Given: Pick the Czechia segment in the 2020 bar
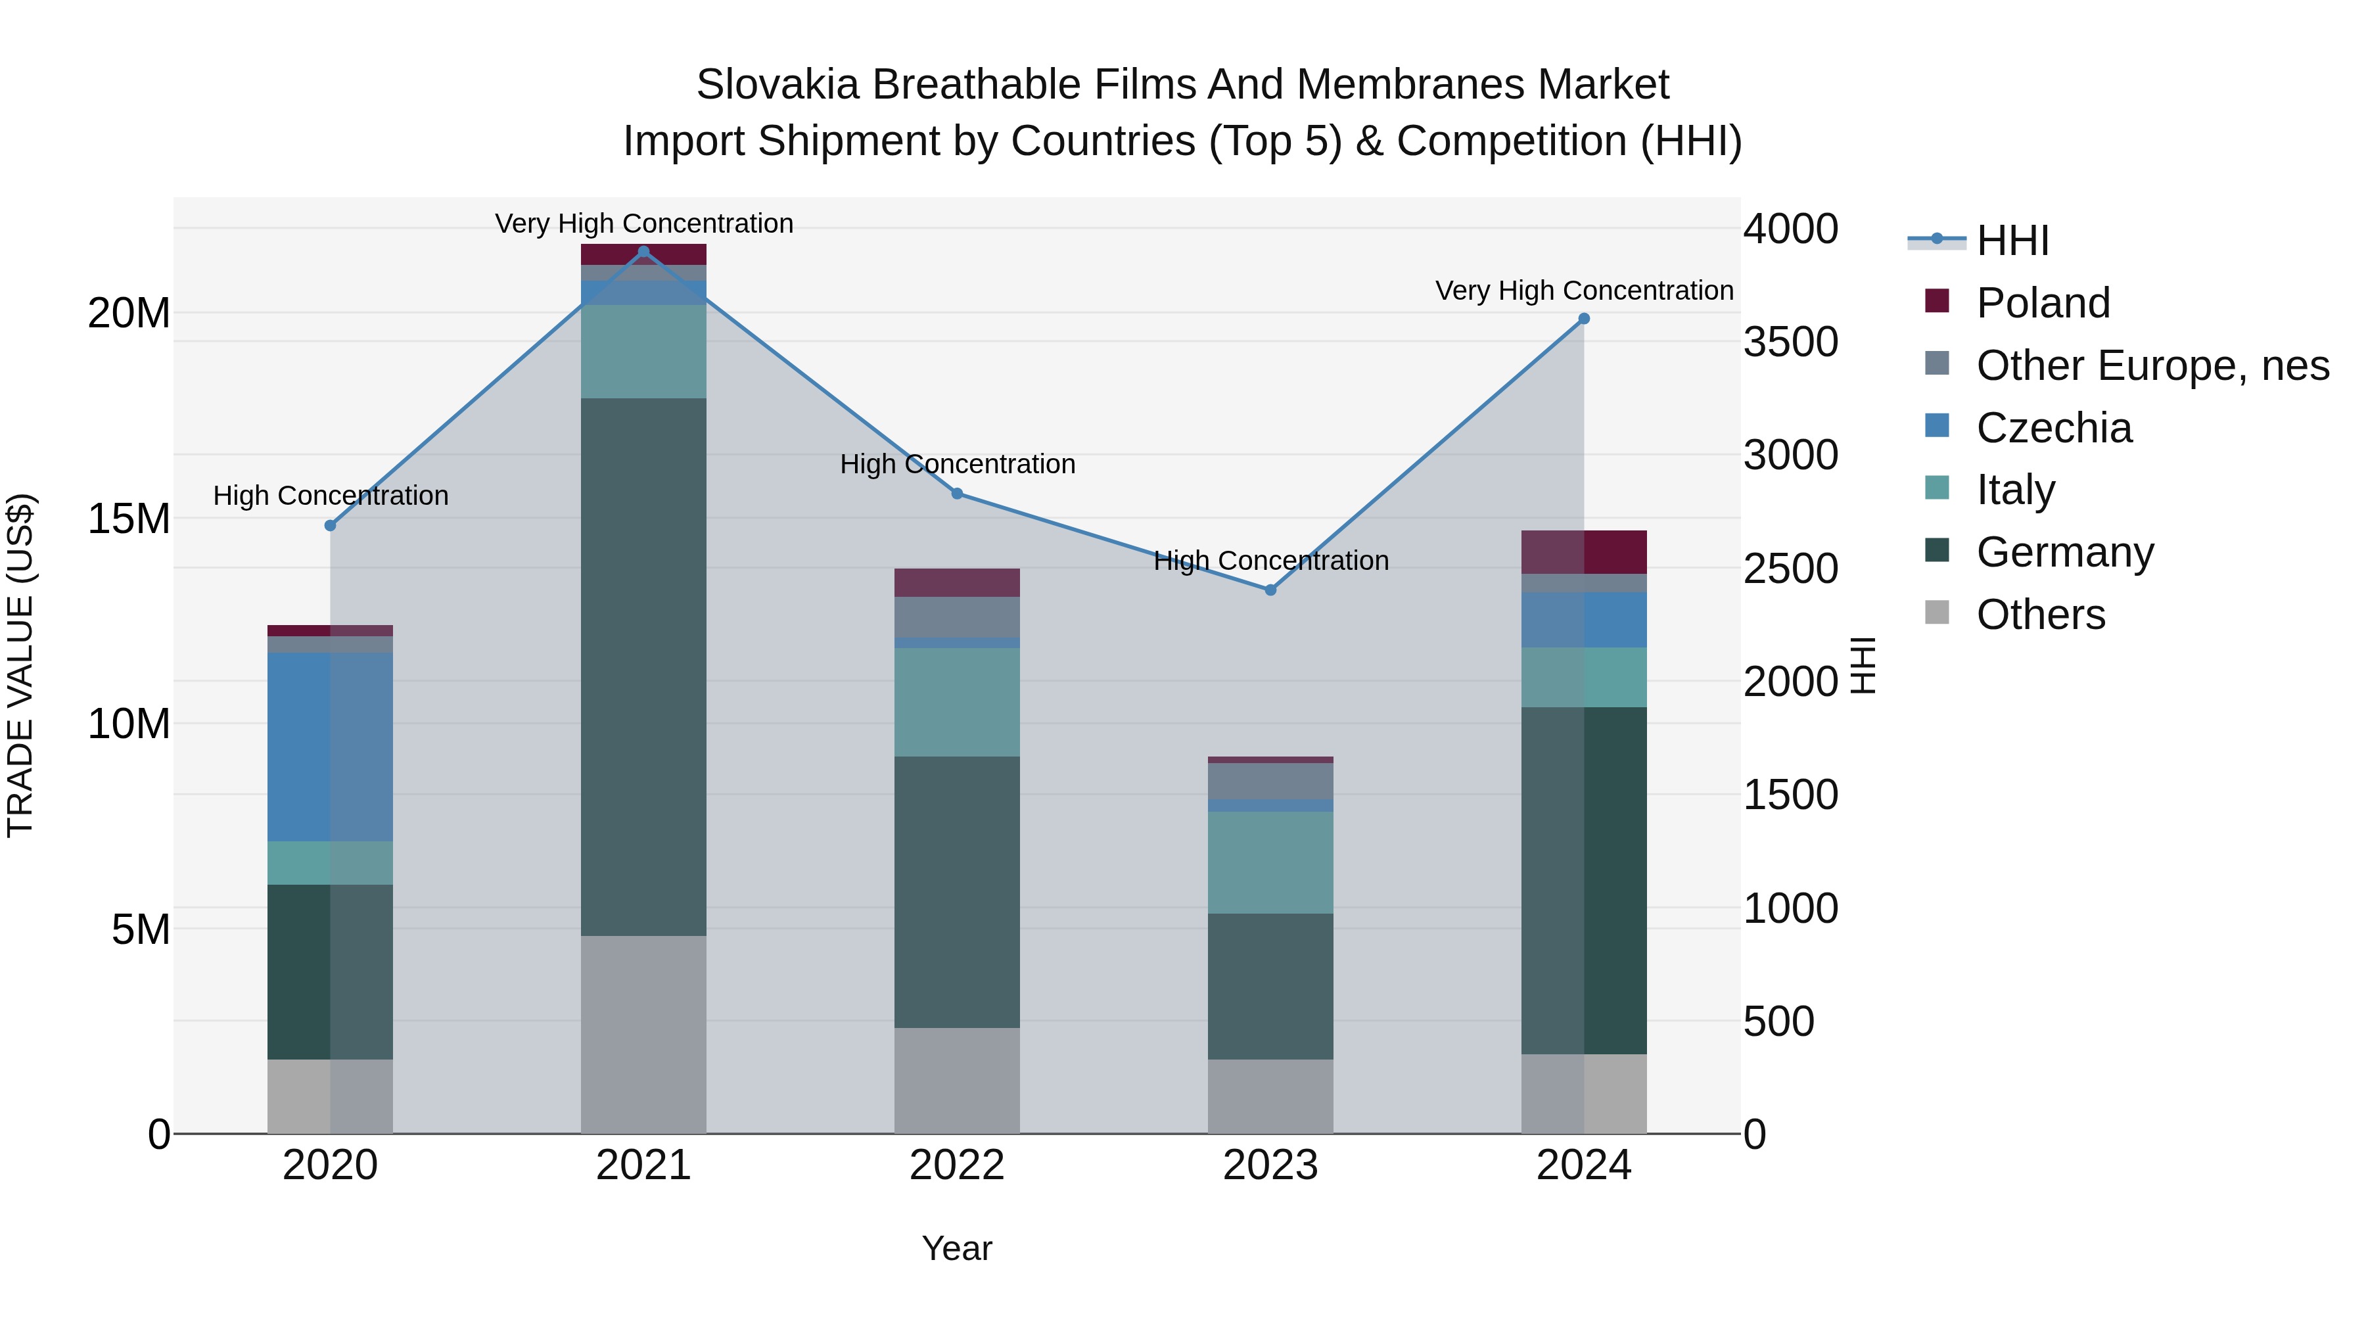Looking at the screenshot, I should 330,746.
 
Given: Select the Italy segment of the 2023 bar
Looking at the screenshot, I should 1270,862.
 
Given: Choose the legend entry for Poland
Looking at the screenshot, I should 2043,303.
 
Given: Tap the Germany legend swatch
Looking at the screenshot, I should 1937,551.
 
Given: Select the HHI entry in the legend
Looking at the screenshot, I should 2012,241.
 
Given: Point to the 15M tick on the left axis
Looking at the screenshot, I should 129,519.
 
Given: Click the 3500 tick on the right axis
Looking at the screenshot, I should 1790,342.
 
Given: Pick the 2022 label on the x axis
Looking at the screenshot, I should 957,1165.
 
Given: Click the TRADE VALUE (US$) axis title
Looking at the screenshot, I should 20,665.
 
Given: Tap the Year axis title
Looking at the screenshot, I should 957,1248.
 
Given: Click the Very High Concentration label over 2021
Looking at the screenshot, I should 644,223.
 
